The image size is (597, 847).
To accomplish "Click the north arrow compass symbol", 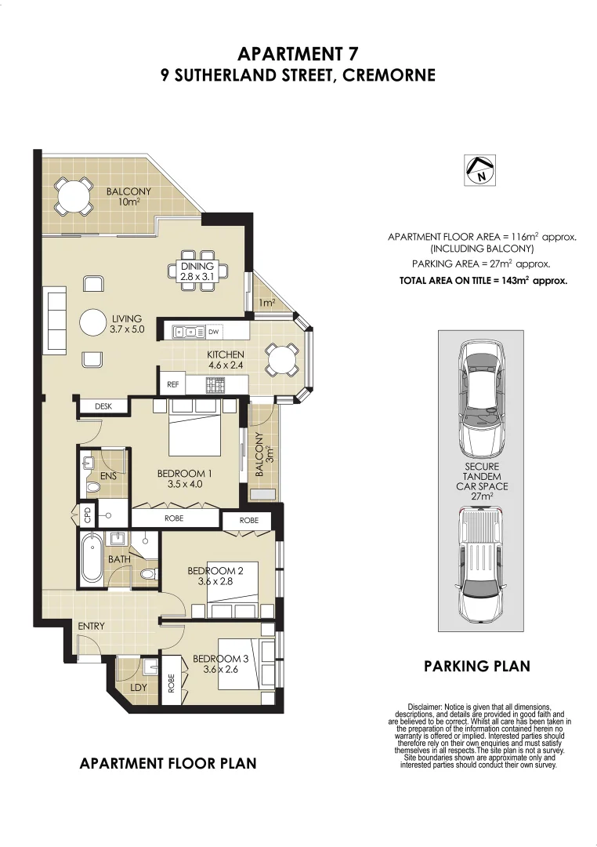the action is [x=479, y=170].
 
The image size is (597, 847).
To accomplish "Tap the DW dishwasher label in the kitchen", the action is [x=213, y=332].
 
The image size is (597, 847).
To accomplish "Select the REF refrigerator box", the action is [x=172, y=384].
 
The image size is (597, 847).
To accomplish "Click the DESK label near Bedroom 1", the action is [x=103, y=406].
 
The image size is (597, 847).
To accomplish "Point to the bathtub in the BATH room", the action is [x=92, y=558].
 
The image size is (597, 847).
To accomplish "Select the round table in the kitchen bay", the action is [x=281, y=359].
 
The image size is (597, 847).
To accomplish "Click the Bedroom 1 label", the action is [x=185, y=479].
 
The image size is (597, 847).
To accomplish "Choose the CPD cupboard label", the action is [x=87, y=514].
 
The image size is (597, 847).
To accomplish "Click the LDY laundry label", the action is [x=139, y=687].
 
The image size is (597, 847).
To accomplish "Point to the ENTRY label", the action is [x=91, y=626].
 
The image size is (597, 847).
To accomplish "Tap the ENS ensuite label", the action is [x=108, y=476].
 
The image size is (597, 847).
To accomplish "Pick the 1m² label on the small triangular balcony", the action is [x=266, y=303].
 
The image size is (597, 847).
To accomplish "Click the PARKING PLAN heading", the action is [x=477, y=666].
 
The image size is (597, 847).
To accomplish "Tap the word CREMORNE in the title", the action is [x=389, y=75].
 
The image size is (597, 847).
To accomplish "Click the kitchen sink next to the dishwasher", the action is [x=189, y=331].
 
